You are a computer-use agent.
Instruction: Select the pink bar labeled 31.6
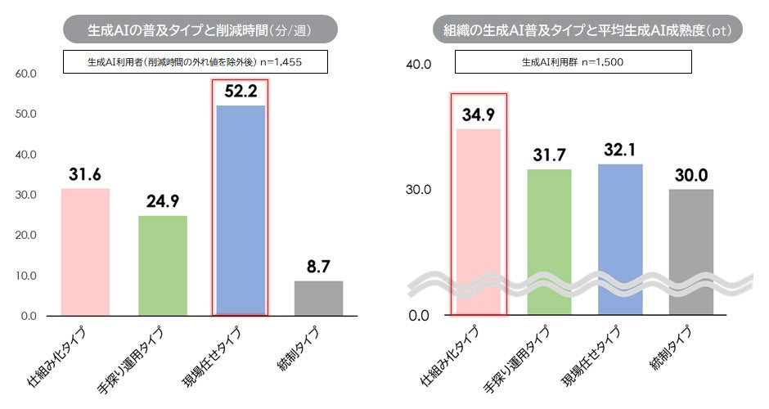pyautogui.click(x=85, y=252)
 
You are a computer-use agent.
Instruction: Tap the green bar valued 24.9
pyautogui.click(x=162, y=265)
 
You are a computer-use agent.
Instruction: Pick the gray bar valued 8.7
pyautogui.click(x=318, y=298)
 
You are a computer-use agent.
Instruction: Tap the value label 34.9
pyautogui.click(x=479, y=115)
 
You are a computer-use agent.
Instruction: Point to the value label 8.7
pyautogui.click(x=318, y=267)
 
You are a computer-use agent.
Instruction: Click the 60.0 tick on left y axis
pyautogui.click(x=27, y=74)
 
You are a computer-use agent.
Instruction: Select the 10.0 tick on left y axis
pyautogui.click(x=27, y=276)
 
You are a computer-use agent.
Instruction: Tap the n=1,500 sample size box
pyautogui.click(x=573, y=61)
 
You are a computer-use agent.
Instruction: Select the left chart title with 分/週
pyautogui.click(x=200, y=30)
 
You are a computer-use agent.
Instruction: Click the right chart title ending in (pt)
pyautogui.click(x=587, y=30)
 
